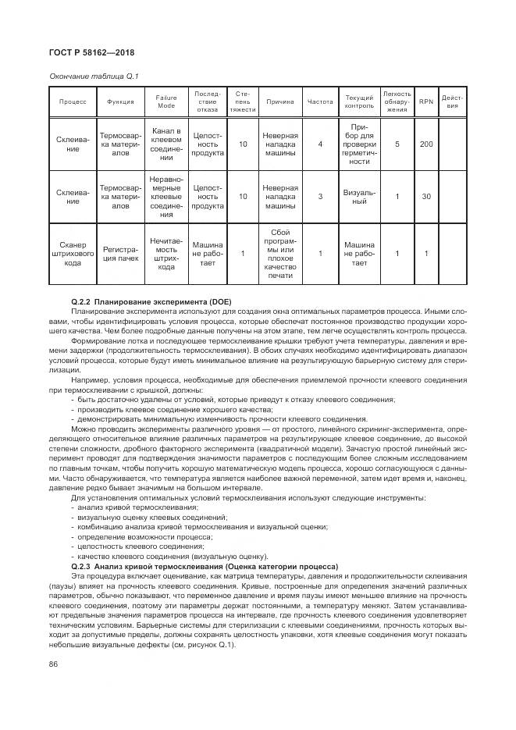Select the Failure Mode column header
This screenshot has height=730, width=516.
166,101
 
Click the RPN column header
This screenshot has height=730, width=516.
425,101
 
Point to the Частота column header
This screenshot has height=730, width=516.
320,101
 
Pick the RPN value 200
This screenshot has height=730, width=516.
425,144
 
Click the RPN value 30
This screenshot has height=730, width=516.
425,197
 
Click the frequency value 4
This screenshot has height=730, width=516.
320,144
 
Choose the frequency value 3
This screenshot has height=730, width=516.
320,197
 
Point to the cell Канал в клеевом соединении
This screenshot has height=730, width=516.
166,144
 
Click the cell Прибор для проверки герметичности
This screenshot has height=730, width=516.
358,144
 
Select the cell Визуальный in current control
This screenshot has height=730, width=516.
358,197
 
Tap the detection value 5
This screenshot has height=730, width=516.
397,144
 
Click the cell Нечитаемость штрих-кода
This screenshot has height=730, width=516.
166,253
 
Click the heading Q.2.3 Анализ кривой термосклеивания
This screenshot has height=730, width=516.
204,566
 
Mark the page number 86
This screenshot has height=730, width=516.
54,664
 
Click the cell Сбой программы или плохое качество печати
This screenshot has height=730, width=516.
280,253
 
